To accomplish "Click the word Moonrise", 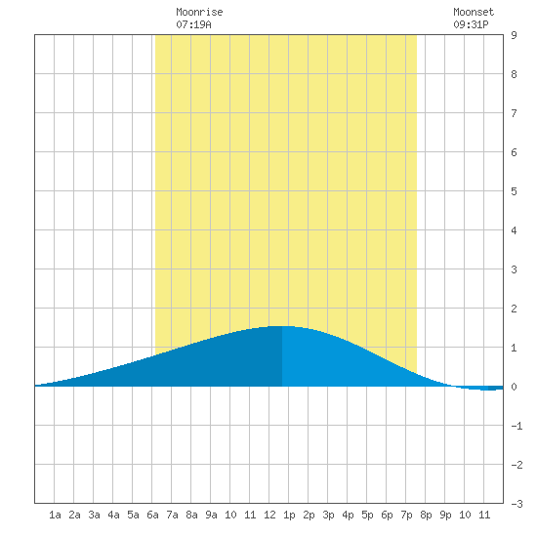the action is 199,12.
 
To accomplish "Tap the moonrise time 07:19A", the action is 193,24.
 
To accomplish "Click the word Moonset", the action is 474,12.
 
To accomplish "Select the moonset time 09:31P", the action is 471,24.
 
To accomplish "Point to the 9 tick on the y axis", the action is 514,35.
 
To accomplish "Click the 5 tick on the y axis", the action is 514,191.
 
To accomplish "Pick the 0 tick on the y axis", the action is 514,387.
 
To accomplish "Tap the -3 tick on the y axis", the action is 516,504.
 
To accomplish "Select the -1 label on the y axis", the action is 516,426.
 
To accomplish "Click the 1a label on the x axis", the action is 55,515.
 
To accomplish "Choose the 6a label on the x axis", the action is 152,515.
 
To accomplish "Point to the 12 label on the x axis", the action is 269,515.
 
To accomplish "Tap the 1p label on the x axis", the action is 289,516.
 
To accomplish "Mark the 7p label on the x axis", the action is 406,516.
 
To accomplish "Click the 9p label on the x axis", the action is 445,516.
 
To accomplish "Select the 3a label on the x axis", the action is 94,515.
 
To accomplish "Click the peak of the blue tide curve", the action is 282,326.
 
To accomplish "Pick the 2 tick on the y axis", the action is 514,309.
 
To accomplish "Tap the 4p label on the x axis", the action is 348,516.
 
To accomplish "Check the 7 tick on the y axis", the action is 514,113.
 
